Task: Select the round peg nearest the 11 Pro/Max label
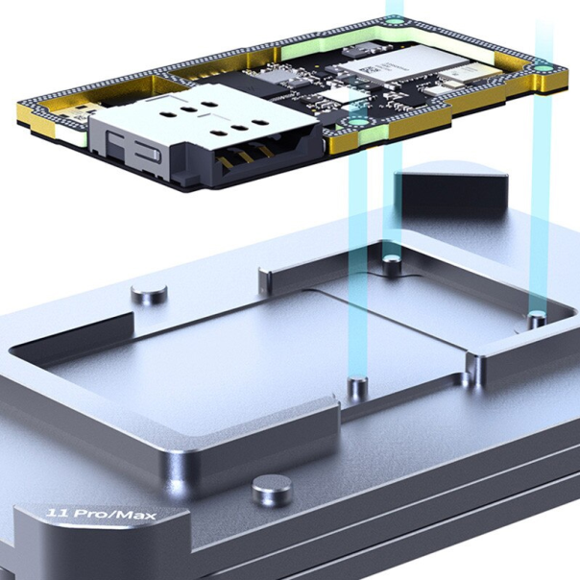(272, 491)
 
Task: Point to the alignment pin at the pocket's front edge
(357, 388)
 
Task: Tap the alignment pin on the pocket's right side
(537, 317)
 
